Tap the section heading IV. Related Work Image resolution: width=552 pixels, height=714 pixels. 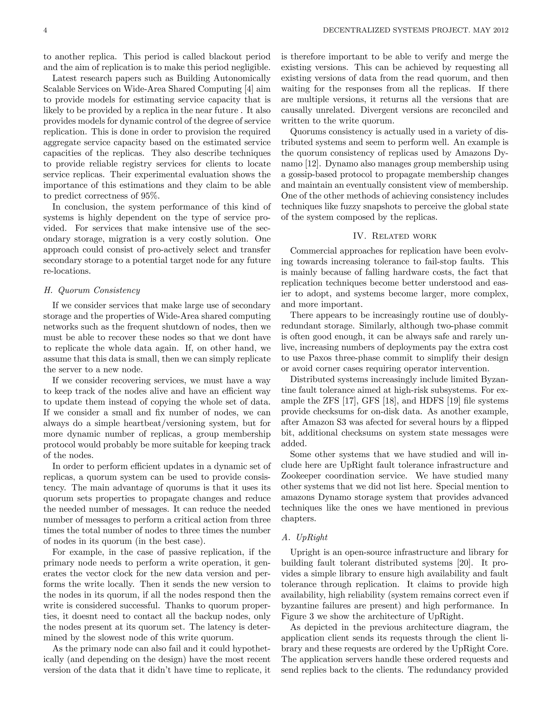coord(395,236)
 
